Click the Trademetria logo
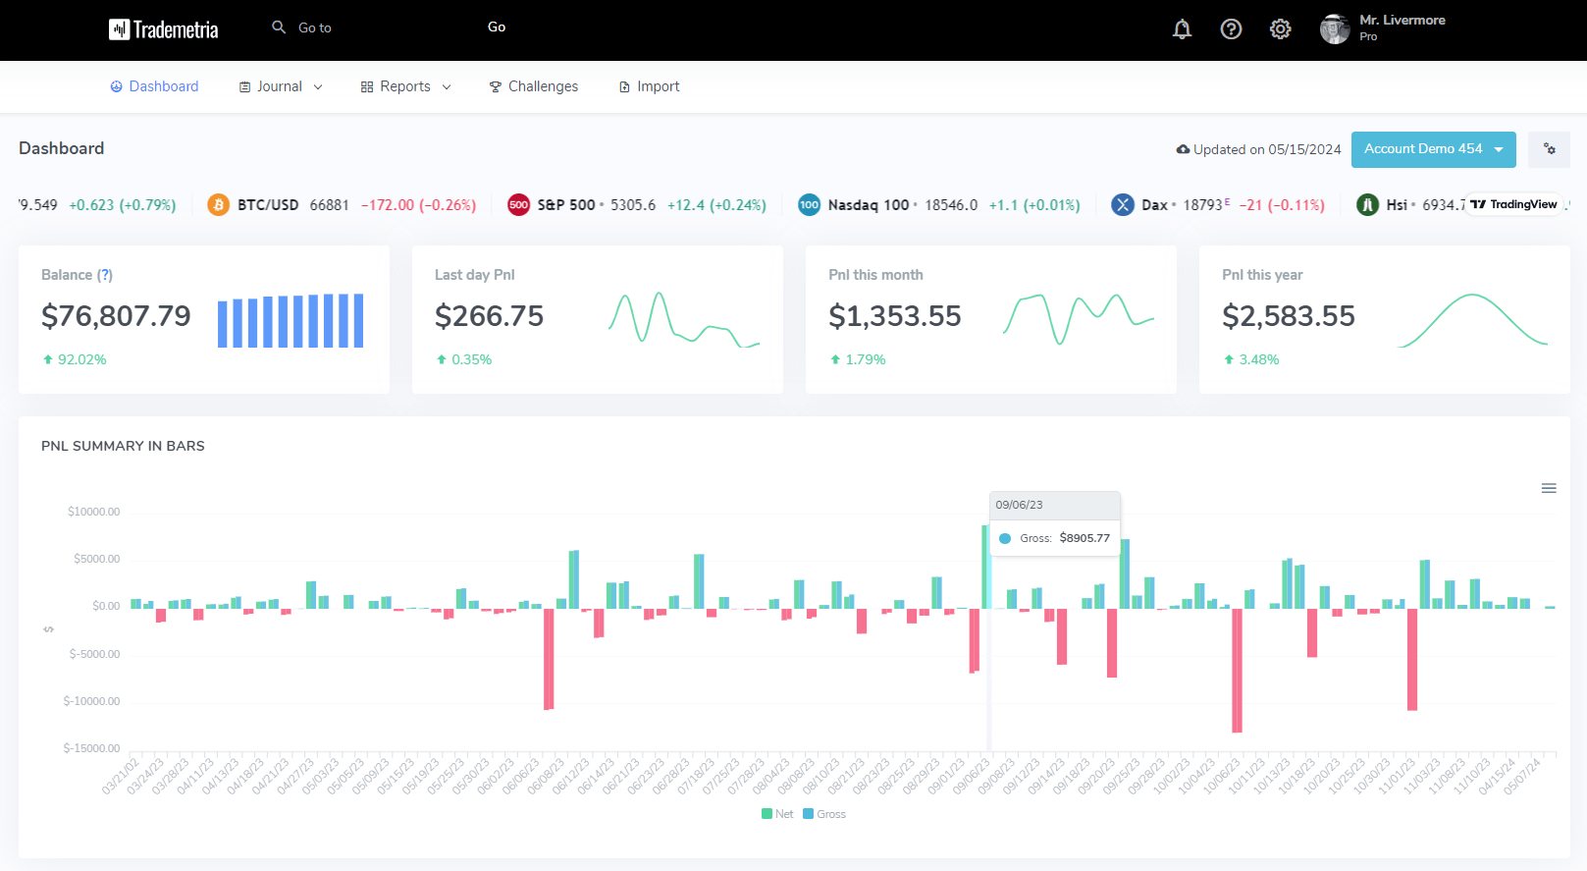[163, 29]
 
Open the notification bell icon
[1182, 29]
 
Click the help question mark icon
[1231, 29]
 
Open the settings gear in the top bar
[1280, 29]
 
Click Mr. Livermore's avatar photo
[1334, 29]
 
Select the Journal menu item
[279, 86]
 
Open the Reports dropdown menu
[405, 86]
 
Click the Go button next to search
[497, 27]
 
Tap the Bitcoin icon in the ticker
[218, 205]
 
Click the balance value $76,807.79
[116, 316]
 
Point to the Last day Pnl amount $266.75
[489, 316]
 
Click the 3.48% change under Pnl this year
[1258, 359]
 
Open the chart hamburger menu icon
[1549, 488]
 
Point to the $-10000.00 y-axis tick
[91, 701]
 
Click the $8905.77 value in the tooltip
[1084, 538]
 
